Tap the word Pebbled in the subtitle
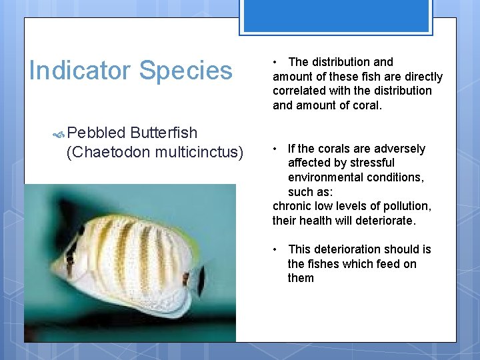point(95,133)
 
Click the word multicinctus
point(196,152)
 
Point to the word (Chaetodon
point(108,152)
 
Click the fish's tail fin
point(200,280)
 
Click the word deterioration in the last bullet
point(347,249)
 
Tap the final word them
point(301,278)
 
